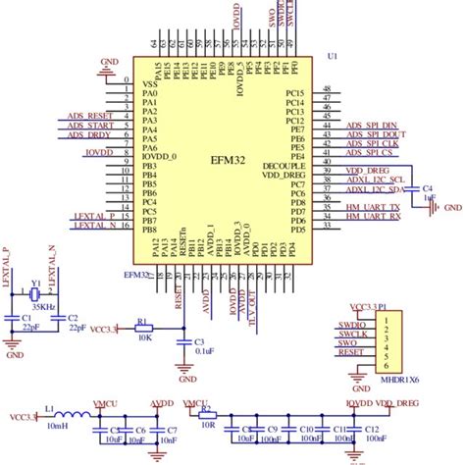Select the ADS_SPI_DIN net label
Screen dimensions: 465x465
click(x=372, y=126)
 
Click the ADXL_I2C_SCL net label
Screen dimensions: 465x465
click(x=373, y=180)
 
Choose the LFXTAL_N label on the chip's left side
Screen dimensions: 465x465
click(x=93, y=225)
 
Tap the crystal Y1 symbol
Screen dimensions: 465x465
click(x=34, y=292)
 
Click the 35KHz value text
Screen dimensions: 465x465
click(x=43, y=307)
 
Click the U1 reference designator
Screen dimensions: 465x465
click(x=333, y=57)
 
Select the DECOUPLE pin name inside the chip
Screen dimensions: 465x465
click(x=286, y=167)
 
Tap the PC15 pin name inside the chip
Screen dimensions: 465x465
click(x=294, y=93)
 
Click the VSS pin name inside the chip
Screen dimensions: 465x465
click(x=150, y=84)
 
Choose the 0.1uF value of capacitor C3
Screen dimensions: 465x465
click(x=204, y=349)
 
